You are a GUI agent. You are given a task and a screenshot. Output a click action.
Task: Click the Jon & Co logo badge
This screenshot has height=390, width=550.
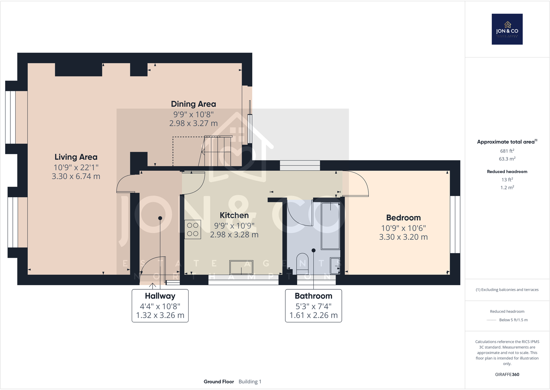(507, 29)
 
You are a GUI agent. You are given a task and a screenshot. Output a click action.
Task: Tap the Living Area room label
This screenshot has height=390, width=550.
(76, 157)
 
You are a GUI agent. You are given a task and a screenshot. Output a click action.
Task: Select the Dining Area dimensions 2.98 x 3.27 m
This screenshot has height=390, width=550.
(193, 124)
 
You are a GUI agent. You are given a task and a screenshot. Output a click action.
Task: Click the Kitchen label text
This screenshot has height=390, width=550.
(234, 216)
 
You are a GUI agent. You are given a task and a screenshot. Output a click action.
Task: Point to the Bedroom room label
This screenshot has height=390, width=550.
(403, 218)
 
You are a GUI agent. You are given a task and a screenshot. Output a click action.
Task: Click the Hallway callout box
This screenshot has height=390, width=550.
(160, 306)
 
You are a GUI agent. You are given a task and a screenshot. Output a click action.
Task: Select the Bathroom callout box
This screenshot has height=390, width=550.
(313, 306)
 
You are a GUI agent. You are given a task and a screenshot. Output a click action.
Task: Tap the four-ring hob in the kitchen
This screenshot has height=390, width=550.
(193, 229)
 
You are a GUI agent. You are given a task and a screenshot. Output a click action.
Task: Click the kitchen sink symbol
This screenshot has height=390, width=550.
(241, 267)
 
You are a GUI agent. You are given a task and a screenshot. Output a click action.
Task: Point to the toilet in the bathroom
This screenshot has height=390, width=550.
(302, 263)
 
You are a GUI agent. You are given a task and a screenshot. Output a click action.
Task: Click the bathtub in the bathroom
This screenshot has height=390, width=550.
(330, 226)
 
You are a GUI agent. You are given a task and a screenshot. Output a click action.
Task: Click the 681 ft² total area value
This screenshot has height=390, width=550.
(507, 151)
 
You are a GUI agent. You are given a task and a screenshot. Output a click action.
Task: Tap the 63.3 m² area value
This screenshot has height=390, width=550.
(507, 159)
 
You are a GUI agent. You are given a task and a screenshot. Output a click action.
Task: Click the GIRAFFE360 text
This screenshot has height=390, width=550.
(507, 374)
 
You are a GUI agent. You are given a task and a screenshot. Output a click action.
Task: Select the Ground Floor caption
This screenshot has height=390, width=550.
(219, 382)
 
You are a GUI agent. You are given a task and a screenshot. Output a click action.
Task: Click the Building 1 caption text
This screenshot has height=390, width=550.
(250, 382)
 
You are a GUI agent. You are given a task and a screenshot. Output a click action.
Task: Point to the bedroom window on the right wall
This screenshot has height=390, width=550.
(455, 224)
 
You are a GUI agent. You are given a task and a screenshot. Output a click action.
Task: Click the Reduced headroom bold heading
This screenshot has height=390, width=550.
(507, 172)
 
